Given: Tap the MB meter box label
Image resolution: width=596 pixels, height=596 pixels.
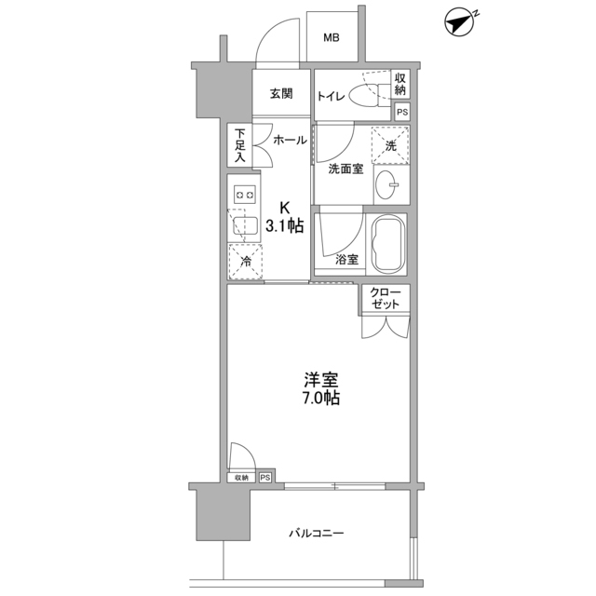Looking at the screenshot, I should (332, 38).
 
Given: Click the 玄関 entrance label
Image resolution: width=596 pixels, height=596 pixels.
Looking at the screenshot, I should (282, 94).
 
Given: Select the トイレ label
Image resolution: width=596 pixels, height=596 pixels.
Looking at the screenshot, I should (332, 95).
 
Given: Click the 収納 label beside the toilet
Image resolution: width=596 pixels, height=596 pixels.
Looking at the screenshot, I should (400, 85).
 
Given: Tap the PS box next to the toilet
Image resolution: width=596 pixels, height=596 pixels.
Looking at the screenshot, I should (401, 112).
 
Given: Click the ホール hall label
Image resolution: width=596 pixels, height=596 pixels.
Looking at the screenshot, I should (290, 141).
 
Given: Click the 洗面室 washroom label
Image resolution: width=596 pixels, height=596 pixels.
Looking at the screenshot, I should (345, 169).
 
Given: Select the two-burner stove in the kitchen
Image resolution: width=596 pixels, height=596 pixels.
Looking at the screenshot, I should (245, 195).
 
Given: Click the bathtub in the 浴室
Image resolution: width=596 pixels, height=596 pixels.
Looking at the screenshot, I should (386, 243).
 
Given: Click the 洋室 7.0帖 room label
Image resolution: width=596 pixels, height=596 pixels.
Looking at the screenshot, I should (320, 388).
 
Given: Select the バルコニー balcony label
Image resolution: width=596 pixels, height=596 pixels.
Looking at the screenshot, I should (316, 534).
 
